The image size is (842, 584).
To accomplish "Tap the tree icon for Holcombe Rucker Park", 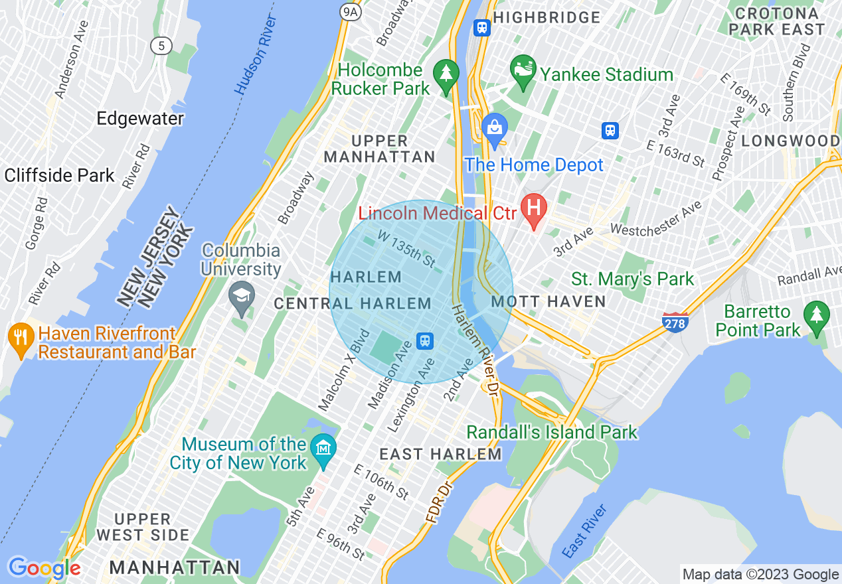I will [x=446, y=76].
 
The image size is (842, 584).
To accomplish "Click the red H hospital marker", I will [x=533, y=210].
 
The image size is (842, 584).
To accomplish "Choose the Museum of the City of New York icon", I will [x=323, y=448].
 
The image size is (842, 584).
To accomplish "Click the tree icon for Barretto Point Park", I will [x=816, y=318].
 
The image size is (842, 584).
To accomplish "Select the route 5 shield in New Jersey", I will [x=161, y=45].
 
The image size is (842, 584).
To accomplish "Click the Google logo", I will [x=44, y=568].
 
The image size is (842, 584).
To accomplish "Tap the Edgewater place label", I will [x=140, y=119].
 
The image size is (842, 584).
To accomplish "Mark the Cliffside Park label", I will [x=60, y=176].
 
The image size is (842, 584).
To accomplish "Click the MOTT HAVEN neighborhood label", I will [x=548, y=302].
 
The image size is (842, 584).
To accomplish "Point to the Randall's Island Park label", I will [x=552, y=433].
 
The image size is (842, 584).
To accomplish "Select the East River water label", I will [x=584, y=531].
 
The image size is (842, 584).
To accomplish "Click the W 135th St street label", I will [x=406, y=246].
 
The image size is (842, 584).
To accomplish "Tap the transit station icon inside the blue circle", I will [x=425, y=341].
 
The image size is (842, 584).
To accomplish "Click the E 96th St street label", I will [x=341, y=544].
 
